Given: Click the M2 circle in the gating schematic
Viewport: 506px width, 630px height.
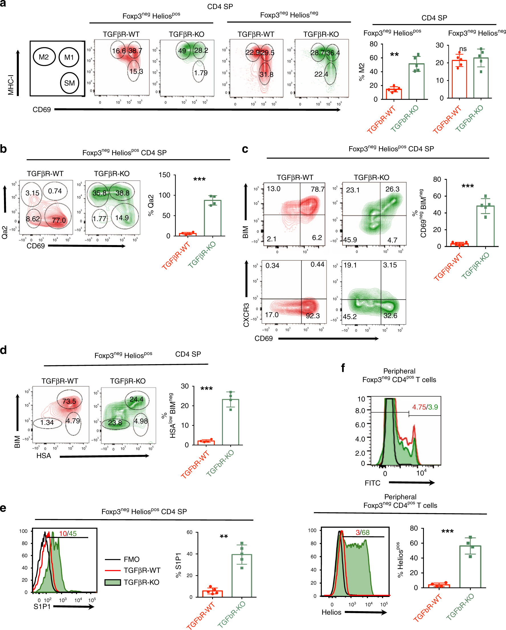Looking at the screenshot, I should [x=44, y=57].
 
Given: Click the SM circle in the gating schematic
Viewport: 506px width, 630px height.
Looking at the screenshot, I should [x=69, y=83].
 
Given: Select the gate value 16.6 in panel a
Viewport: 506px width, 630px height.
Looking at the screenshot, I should [x=119, y=51].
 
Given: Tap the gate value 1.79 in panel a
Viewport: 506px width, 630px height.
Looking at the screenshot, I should [x=201, y=73].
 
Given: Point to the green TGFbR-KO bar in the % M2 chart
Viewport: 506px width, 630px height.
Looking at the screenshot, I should [x=416, y=82].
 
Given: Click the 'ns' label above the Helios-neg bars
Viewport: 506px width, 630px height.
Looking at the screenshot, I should [x=463, y=49].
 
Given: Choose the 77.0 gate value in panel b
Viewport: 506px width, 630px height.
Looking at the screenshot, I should [x=59, y=220].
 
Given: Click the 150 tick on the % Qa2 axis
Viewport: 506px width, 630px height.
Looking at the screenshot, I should [x=164, y=175].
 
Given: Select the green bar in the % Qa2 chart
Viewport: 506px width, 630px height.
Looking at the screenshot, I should [x=212, y=218].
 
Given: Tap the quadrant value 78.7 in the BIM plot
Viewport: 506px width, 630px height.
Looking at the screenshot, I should [x=318, y=189].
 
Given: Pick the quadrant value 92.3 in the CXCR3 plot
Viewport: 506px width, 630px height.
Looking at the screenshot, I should [x=312, y=316].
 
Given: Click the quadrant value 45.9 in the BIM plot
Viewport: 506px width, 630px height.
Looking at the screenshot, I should [x=350, y=240].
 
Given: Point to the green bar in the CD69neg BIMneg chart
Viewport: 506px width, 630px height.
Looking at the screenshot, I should [x=485, y=226].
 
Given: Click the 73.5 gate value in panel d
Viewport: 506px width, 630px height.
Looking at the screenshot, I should [x=69, y=401].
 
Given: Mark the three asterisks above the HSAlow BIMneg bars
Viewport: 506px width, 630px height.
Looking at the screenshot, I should [x=206, y=389].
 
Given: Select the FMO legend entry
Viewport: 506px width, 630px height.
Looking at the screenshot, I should [x=131, y=559].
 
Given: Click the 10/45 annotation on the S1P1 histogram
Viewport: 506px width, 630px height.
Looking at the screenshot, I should [x=68, y=534].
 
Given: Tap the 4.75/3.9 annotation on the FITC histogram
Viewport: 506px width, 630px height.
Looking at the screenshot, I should [x=425, y=407].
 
